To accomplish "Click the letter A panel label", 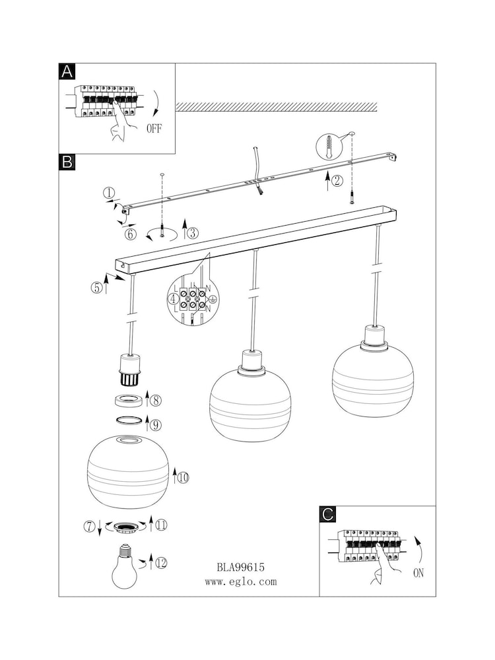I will tap(67, 73).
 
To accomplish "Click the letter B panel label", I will tap(67, 162).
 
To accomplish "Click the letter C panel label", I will tap(328, 515).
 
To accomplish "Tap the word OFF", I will tap(154, 129).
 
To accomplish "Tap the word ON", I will tap(418, 573).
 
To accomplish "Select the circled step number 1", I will tap(110, 193).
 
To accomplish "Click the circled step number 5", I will tap(96, 287).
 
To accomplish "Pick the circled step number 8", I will tap(155, 400).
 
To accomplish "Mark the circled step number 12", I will tap(160, 562).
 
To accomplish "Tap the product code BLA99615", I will tap(240, 567).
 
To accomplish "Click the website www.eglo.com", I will tap(240, 582).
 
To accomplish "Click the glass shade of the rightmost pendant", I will tap(373, 372).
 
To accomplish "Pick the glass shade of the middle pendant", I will tap(250, 404).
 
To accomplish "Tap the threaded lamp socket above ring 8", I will tap(129, 372).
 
